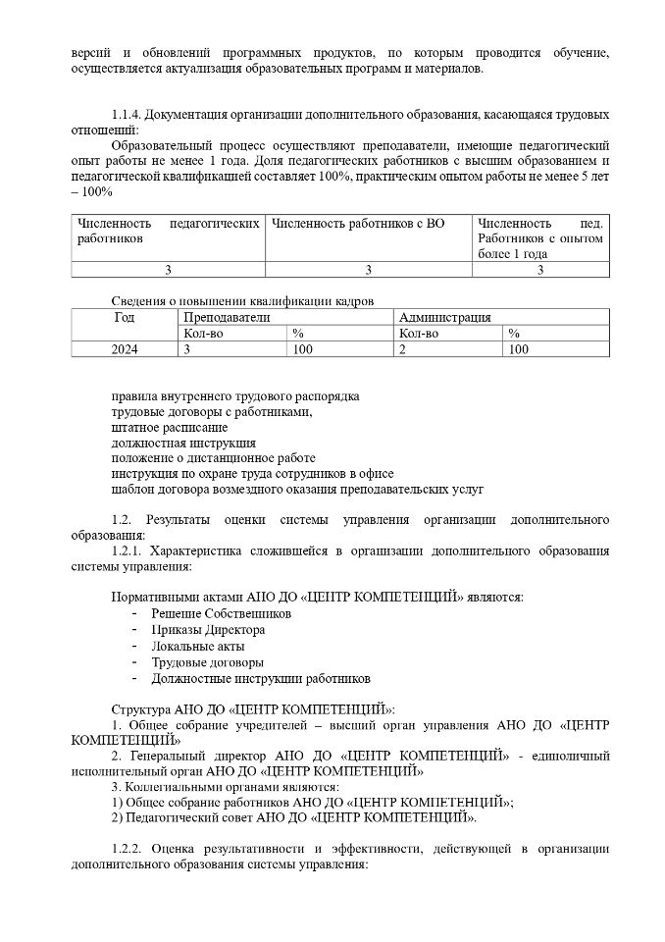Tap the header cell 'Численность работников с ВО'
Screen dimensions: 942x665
[358, 224]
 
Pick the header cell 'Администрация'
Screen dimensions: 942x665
[445, 317]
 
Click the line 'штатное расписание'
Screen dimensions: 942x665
[170, 428]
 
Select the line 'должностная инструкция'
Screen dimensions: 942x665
[183, 444]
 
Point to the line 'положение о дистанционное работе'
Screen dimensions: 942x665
[213, 458]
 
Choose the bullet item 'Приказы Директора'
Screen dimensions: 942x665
[208, 629]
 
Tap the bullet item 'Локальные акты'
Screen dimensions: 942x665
[198, 646]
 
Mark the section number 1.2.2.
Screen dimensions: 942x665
[129, 848]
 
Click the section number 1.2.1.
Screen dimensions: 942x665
[129, 551]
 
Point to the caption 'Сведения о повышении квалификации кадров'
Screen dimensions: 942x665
[242, 300]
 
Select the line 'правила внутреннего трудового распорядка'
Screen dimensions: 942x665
[235, 396]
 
